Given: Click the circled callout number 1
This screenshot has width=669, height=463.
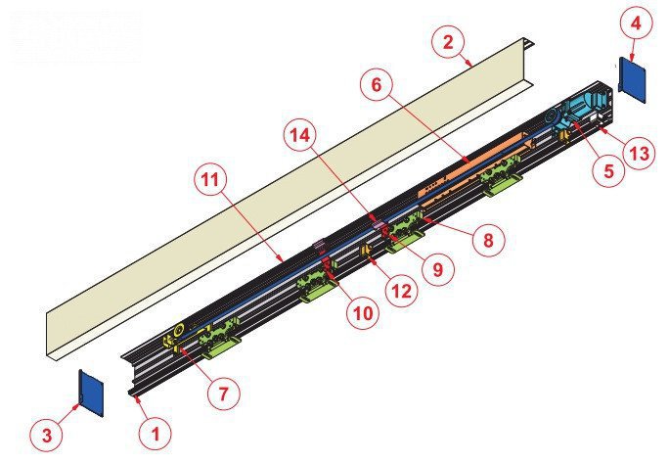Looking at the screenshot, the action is tap(156, 434).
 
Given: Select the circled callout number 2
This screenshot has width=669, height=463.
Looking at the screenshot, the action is tap(448, 43).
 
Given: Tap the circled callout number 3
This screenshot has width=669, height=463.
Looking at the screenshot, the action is tap(47, 436).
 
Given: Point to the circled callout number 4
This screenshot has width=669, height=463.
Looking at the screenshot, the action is tap(636, 23).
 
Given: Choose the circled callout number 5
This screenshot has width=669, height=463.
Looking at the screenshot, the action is tap(608, 170).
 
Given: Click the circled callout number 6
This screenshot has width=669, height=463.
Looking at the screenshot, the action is tap(376, 85).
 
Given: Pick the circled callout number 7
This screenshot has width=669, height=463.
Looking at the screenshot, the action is tap(224, 394).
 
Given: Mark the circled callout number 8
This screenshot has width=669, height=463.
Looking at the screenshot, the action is tap(488, 240).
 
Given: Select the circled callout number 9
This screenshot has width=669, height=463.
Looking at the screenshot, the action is tap(438, 269).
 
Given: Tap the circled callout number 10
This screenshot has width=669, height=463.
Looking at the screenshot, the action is tap(363, 313).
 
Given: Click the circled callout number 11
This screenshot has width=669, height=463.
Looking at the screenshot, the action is tap(209, 180).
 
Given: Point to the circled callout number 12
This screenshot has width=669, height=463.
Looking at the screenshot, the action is tap(401, 291).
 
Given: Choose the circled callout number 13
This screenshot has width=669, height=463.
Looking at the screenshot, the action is tap(639, 153).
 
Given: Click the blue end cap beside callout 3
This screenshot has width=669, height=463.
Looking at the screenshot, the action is tap(91, 394).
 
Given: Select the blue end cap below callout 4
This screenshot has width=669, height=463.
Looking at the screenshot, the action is tap(632, 80).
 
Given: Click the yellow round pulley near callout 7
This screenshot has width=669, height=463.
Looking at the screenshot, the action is tap(180, 329).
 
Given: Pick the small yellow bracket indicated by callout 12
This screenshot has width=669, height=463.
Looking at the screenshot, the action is tap(366, 251).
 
